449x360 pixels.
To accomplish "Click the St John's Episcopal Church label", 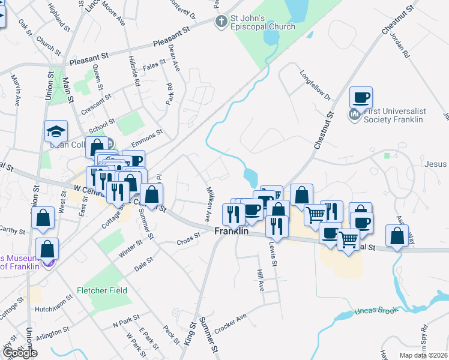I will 263,22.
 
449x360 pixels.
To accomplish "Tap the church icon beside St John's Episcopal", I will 222,22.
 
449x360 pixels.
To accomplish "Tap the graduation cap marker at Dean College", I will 56,131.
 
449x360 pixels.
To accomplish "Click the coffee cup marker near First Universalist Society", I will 361,97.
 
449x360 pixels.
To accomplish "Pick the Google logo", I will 20,353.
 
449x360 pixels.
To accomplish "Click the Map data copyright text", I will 423,355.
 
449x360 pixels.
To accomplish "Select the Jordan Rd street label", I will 399,45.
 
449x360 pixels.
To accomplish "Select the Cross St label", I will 188,242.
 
